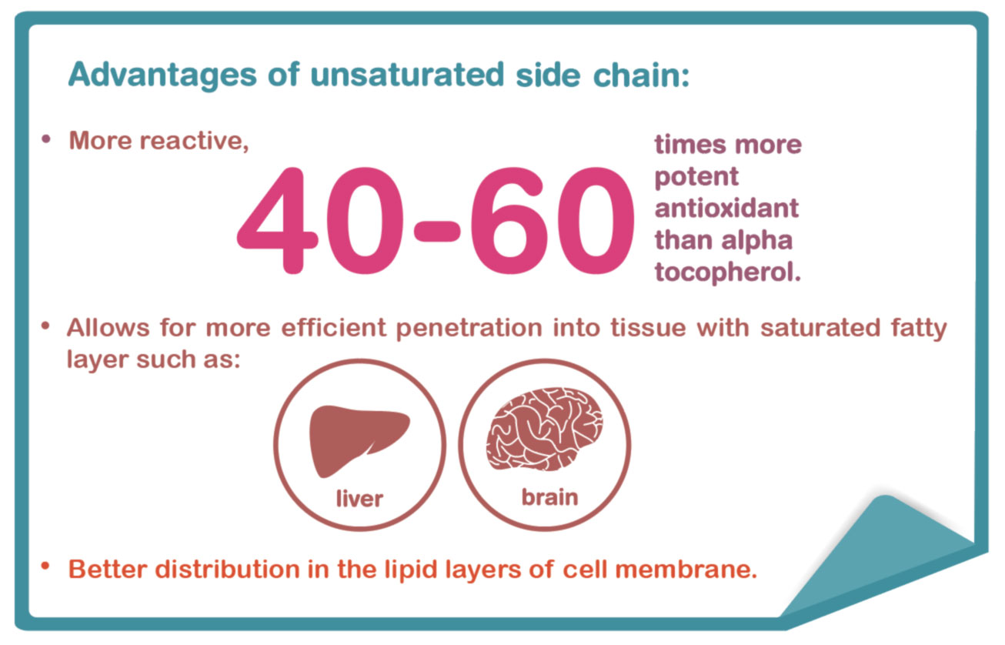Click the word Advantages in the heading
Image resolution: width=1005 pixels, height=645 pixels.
(162, 75)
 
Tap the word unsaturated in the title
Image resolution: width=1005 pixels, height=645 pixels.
(407, 75)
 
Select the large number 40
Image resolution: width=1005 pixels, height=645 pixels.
(319, 220)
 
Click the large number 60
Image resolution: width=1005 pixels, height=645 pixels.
(552, 220)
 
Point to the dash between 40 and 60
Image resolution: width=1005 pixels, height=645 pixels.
(436, 231)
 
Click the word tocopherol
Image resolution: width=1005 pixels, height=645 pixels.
(728, 272)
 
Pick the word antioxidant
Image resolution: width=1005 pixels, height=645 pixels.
(726, 208)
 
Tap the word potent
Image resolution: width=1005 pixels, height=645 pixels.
(696, 177)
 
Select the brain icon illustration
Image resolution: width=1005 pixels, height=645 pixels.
(545, 429)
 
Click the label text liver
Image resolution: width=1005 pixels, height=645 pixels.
(359, 498)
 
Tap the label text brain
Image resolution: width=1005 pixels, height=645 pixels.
(549, 497)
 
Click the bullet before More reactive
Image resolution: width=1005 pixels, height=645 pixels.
(45, 139)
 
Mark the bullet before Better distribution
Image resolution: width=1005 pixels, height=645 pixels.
(45, 566)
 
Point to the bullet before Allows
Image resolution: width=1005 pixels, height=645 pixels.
(45, 326)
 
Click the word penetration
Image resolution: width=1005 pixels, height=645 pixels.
(469, 329)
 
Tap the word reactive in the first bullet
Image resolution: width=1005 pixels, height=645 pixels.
(194, 142)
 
